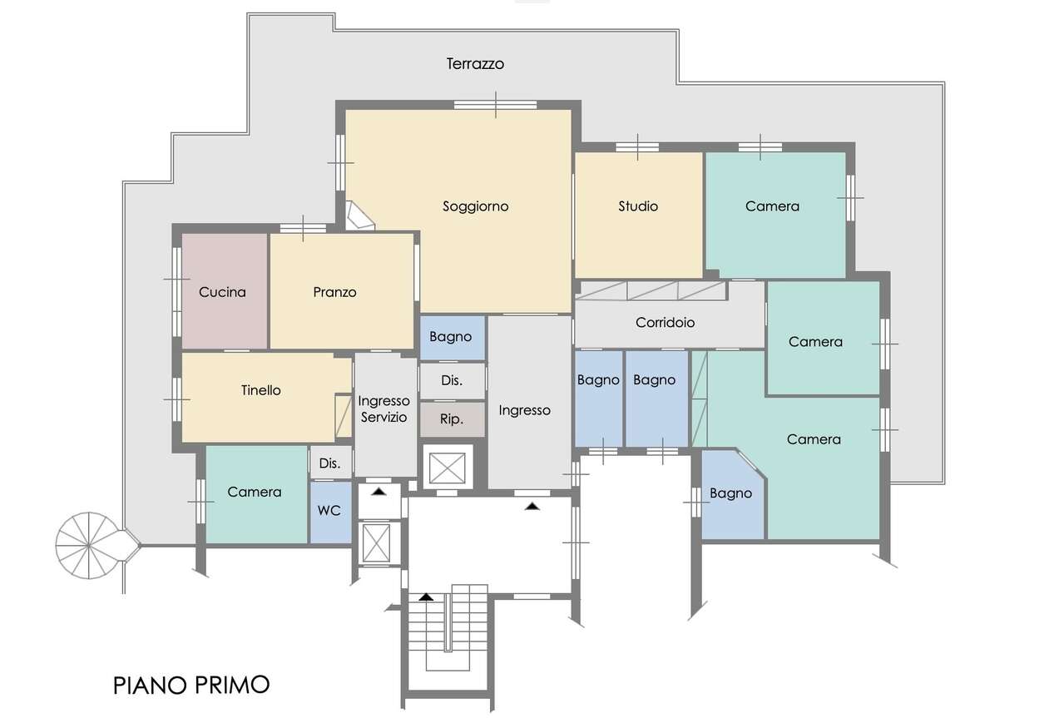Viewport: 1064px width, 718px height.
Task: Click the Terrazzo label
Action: pyautogui.click(x=475, y=64)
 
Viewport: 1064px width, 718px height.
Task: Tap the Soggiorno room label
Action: pyautogui.click(x=476, y=206)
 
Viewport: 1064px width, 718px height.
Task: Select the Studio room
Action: pyautogui.click(x=638, y=215)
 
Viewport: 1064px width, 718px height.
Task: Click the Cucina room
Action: pyautogui.click(x=225, y=291)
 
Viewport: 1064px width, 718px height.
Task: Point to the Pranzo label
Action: pyautogui.click(x=334, y=292)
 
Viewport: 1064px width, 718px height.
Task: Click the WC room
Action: pyautogui.click(x=330, y=513)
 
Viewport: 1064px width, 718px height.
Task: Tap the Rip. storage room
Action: pyautogui.click(x=453, y=419)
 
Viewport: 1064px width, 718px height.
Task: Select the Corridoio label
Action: pyautogui.click(x=665, y=323)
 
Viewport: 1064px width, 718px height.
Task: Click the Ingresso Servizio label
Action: pyautogui.click(x=384, y=409)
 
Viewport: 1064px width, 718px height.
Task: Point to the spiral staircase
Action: pyautogui.click(x=89, y=546)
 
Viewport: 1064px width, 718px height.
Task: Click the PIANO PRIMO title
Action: pyautogui.click(x=191, y=686)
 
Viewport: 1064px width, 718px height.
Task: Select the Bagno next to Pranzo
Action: pyautogui.click(x=453, y=338)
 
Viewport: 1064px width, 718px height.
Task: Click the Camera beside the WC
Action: pyautogui.click(x=256, y=494)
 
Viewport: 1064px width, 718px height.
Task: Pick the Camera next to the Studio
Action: pyautogui.click(x=775, y=215)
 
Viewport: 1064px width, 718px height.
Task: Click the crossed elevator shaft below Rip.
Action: pyautogui.click(x=447, y=468)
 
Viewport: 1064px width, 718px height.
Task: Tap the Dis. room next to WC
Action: pyautogui.click(x=330, y=463)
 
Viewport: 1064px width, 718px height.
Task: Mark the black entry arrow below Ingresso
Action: pyautogui.click(x=532, y=507)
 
